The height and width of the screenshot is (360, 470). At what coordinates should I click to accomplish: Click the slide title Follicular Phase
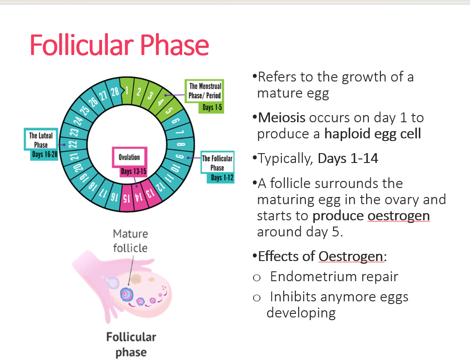coord(120,45)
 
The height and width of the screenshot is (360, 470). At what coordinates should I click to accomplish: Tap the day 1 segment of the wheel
coord(127,91)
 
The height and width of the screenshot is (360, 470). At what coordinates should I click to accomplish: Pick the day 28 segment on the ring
coord(115,92)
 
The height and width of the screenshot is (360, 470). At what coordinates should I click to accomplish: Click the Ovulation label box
coord(129,157)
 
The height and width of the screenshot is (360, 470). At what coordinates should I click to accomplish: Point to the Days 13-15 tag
coord(133,171)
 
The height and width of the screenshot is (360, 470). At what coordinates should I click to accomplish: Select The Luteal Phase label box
coord(41,140)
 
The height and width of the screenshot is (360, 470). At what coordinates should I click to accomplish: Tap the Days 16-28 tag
coord(44,154)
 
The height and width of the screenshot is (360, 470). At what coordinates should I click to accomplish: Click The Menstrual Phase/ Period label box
coord(205,91)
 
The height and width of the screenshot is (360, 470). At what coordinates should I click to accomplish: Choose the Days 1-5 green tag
coord(212,107)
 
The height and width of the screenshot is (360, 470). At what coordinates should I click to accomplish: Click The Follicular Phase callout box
coord(217,163)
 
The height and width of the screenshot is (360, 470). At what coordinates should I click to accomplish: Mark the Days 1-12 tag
coord(222,178)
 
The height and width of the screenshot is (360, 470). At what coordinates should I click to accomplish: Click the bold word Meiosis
coord(282,117)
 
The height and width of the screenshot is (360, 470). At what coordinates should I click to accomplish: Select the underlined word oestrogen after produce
coord(399,216)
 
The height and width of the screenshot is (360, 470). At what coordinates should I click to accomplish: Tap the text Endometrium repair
coord(334,276)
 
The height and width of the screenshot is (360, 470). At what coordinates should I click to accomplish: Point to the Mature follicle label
coord(130,241)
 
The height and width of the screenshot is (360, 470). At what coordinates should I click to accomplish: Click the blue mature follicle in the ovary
coord(127,294)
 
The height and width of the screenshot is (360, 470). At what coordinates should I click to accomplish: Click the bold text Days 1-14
coord(348,158)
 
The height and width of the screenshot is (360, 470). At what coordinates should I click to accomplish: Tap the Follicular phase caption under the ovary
coord(131,344)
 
